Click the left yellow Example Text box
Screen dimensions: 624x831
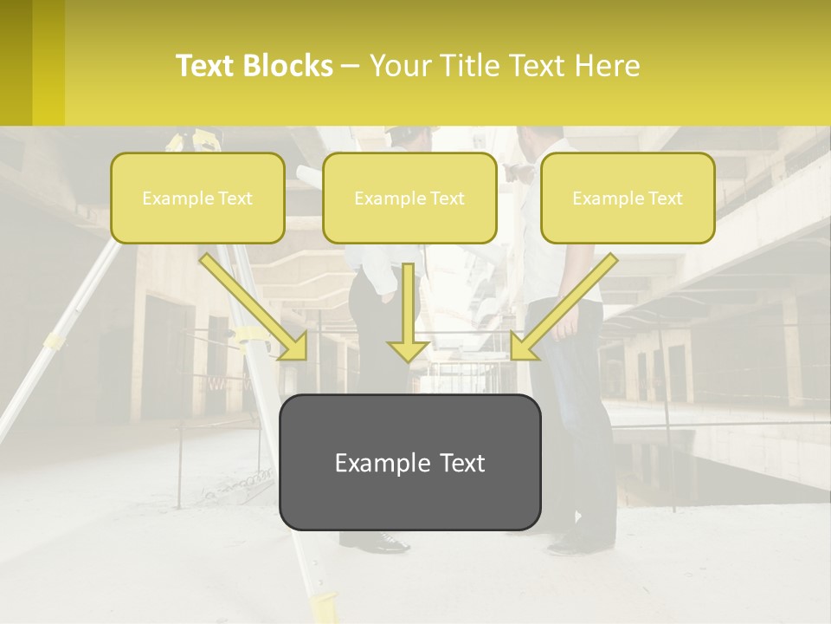(197, 198)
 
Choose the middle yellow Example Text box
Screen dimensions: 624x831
(409, 198)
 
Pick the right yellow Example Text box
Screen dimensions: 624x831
(628, 198)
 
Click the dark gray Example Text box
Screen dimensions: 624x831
(409, 462)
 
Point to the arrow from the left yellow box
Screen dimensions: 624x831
(255, 308)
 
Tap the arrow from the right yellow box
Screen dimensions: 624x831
(563, 308)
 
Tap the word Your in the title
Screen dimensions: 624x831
(398, 66)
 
